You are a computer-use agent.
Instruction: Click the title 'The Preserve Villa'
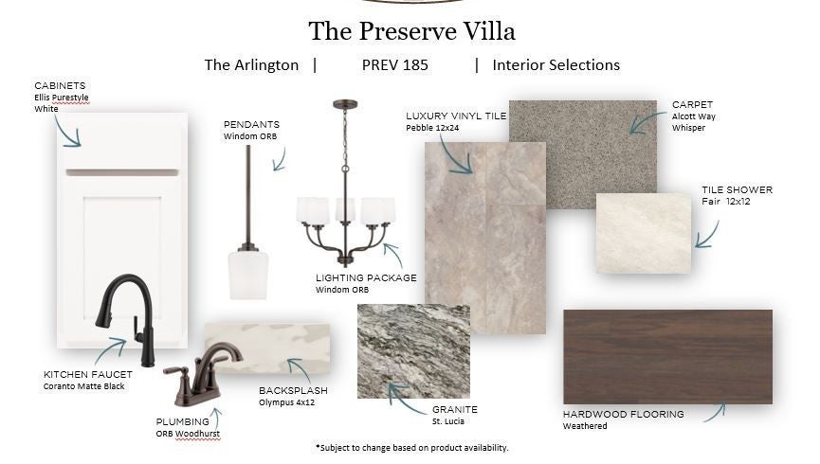(x=411, y=31)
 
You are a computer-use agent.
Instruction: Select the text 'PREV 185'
(x=395, y=64)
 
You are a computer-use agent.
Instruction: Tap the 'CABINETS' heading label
(x=60, y=85)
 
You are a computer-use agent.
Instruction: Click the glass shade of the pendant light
(x=247, y=276)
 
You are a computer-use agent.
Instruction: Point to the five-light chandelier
(x=345, y=183)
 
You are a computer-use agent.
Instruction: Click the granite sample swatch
(x=413, y=351)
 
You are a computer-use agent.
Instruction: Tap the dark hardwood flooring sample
(x=667, y=356)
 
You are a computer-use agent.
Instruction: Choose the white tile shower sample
(x=644, y=233)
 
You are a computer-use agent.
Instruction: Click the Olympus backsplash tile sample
(x=267, y=348)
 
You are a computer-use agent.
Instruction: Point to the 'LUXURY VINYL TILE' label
(x=456, y=116)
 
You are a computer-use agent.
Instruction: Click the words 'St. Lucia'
(x=448, y=421)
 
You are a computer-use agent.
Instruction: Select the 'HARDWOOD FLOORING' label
(x=624, y=414)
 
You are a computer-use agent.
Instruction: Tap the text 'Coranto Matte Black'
(x=83, y=386)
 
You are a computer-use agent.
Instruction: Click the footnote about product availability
(x=411, y=448)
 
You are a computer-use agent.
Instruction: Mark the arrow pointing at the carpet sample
(x=647, y=122)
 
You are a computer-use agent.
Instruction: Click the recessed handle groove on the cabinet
(x=122, y=172)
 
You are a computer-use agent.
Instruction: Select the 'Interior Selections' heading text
(x=556, y=64)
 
